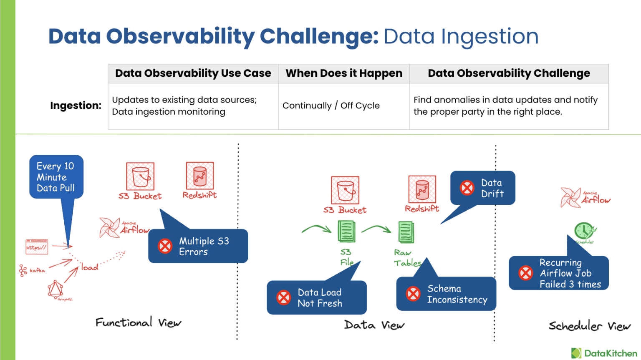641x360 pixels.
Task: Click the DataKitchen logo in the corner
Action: pos(604,353)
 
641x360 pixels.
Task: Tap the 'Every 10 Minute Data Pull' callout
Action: pos(56,177)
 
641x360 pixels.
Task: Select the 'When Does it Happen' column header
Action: pos(344,73)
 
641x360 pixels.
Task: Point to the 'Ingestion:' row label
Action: pos(76,106)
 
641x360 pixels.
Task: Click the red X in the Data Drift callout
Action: pos(467,188)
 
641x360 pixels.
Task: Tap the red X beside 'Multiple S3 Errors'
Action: pos(165,246)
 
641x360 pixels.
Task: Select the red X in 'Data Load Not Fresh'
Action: pos(284,297)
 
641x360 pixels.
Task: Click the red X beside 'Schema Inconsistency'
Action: pos(413,294)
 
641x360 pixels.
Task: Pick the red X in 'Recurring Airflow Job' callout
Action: pos(525,273)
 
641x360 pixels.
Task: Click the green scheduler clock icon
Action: pos(584,231)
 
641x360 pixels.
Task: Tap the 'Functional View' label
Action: pos(138,322)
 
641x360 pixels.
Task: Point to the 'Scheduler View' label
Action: pos(589,326)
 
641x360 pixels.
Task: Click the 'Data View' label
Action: pos(374,325)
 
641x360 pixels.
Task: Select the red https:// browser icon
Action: pos(37,247)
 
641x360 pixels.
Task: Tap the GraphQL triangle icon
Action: pos(55,289)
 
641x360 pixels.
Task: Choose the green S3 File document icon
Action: pos(346,232)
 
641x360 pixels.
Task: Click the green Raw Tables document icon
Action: pos(406,232)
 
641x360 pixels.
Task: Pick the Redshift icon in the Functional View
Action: pos(200,176)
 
